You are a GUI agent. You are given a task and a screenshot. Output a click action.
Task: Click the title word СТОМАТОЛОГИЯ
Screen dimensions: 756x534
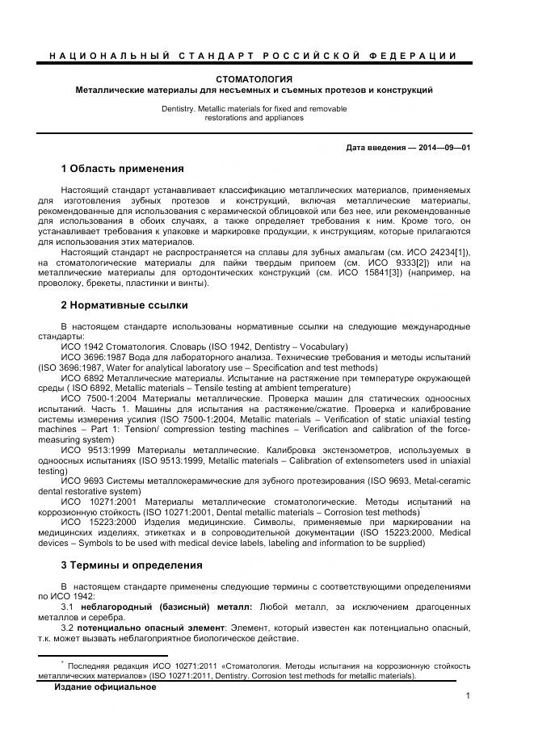pos(254,78)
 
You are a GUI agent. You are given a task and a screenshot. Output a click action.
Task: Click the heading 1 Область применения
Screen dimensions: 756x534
pos(122,169)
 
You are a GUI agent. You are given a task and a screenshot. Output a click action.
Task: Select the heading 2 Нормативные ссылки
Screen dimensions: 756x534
pos(124,304)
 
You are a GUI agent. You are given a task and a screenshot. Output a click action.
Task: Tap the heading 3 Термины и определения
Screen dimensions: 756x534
pos(132,565)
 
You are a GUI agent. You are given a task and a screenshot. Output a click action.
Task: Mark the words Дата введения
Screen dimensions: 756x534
pos(372,148)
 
